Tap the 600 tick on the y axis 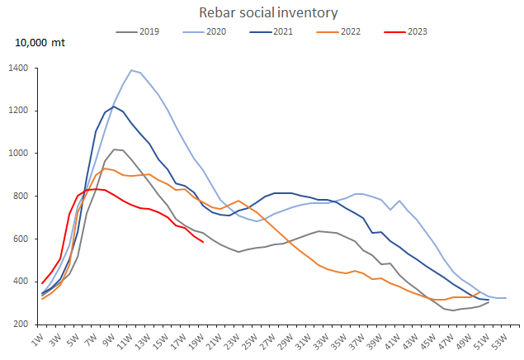click(x=21, y=239)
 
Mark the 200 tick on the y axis click(x=21, y=324)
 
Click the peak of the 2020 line click(x=131, y=70)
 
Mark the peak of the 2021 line click(x=113, y=107)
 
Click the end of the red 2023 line click(x=203, y=242)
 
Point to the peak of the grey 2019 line click(x=114, y=149)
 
